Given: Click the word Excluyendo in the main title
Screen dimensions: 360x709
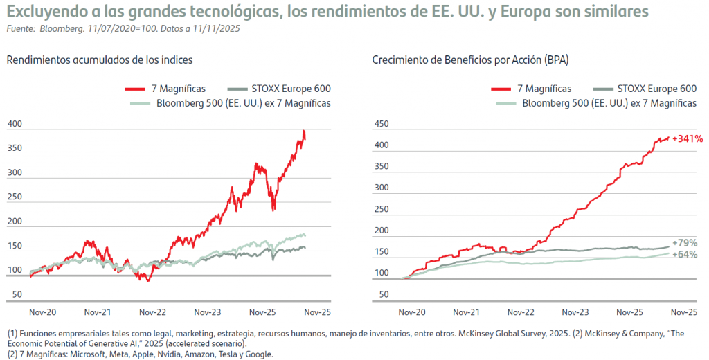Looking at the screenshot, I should (x=42, y=12).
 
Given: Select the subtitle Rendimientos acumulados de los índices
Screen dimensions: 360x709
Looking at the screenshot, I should (x=99, y=60).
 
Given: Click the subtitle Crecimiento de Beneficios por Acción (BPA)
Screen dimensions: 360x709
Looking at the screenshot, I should (x=470, y=60).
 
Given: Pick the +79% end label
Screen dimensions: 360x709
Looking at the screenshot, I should (x=684, y=243).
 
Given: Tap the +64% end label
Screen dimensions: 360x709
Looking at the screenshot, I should (x=684, y=254).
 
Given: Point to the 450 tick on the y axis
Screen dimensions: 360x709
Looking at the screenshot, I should (x=380, y=125).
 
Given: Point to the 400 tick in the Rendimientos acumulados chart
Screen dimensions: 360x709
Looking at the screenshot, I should (x=15, y=125).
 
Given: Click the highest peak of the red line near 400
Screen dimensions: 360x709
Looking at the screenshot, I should (x=304, y=131).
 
